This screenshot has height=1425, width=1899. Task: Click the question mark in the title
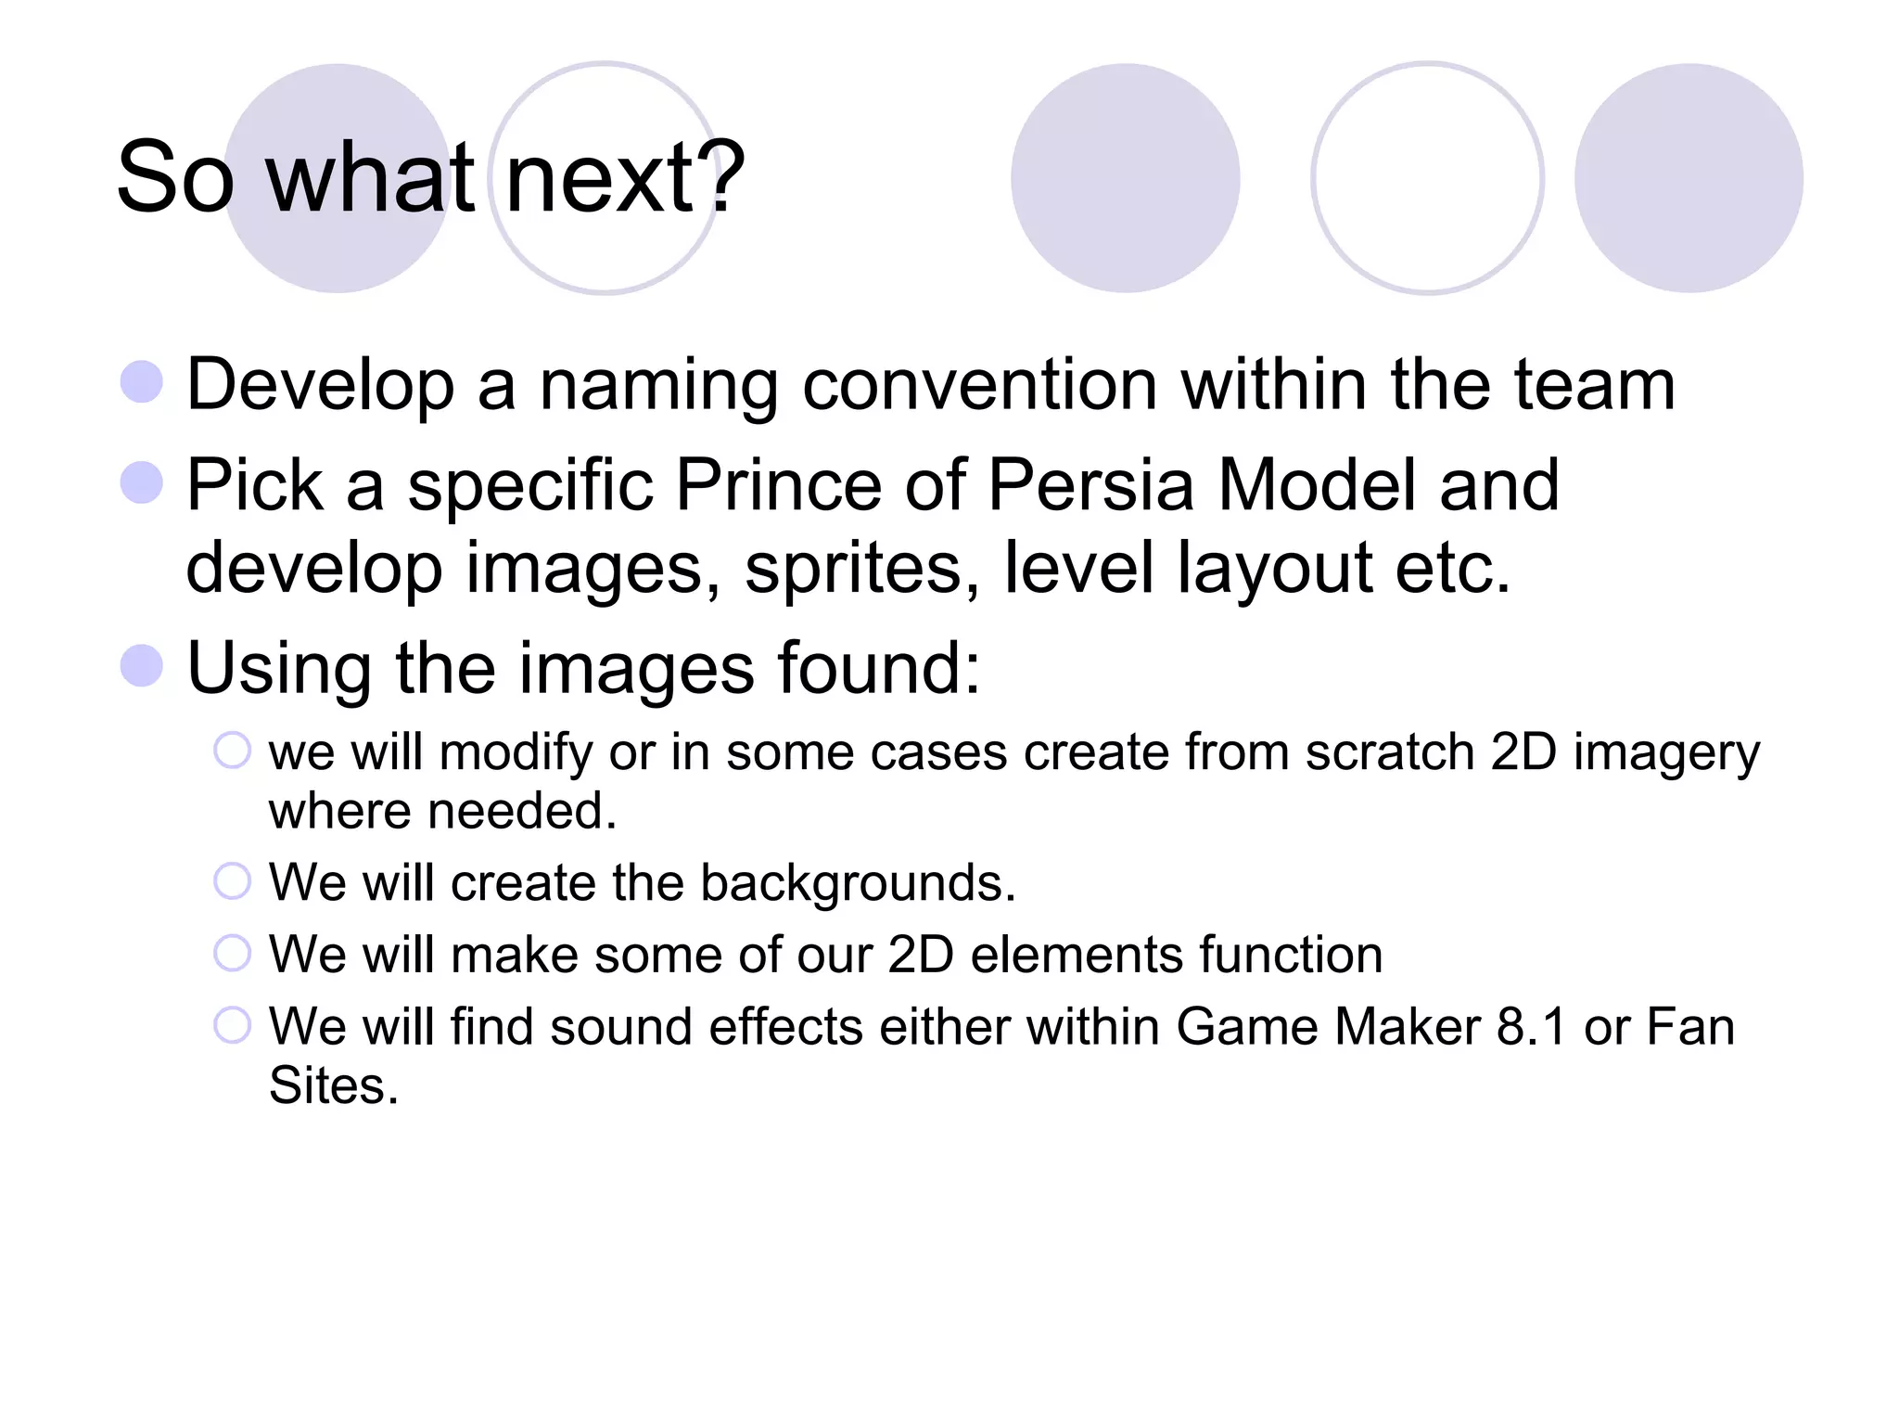point(720,176)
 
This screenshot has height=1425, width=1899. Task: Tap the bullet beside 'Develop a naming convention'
point(142,382)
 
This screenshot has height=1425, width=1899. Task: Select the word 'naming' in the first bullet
point(658,386)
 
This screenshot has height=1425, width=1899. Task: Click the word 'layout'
point(1275,568)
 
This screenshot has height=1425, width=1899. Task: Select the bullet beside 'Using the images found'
point(142,665)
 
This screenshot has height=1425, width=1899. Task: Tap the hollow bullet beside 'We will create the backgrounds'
point(232,881)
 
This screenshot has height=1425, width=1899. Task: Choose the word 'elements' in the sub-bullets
point(1076,955)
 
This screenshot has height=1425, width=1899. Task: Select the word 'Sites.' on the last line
point(334,1085)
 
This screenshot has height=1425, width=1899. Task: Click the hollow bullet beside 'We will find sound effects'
point(232,1025)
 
